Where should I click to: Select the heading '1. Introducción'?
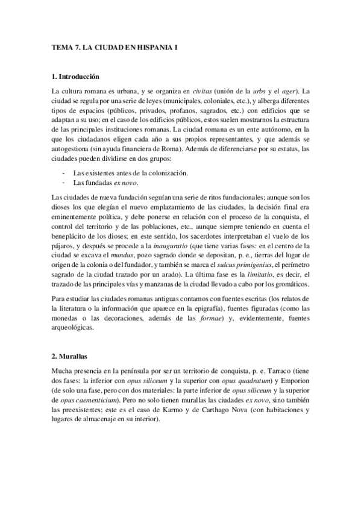(x=75, y=77)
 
